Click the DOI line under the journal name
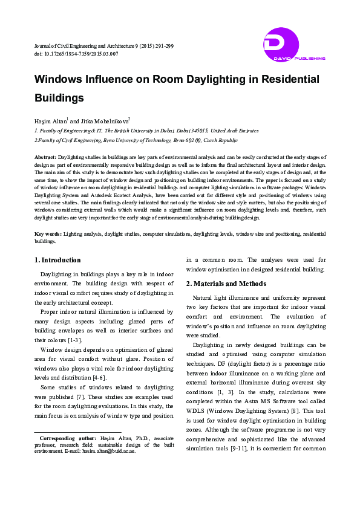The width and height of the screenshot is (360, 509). point(76,54)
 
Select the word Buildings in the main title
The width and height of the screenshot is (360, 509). point(59,97)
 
